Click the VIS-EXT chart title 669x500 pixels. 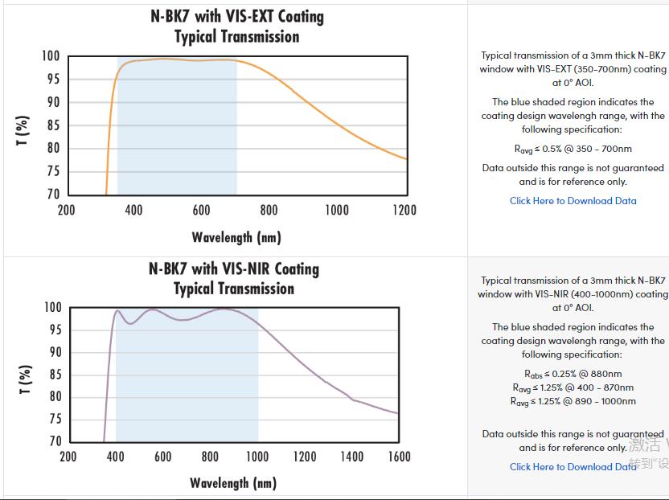pyautogui.click(x=236, y=26)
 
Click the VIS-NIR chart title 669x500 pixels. pyautogui.click(x=234, y=278)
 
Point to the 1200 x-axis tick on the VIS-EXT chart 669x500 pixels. pyautogui.click(x=404, y=211)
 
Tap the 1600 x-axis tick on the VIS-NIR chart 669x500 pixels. pyautogui.click(x=399, y=457)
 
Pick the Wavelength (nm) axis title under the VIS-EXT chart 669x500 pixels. pyautogui.click(x=236, y=237)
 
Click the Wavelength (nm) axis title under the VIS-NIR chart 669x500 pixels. pyautogui.click(x=233, y=483)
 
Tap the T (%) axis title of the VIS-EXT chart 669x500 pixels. pyautogui.click(x=23, y=131)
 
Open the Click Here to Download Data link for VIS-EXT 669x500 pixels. pyautogui.click(x=573, y=201)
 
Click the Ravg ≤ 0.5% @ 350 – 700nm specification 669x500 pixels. pyautogui.click(x=573, y=149)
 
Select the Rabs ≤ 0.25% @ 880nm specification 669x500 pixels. pyautogui.click(x=573, y=374)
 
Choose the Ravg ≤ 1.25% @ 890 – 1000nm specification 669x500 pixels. pyautogui.click(x=573, y=401)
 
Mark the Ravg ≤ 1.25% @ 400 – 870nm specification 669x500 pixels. pyautogui.click(x=573, y=387)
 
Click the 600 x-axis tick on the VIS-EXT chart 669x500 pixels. pyautogui.click(x=201, y=211)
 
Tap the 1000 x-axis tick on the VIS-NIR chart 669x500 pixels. pyautogui.click(x=257, y=457)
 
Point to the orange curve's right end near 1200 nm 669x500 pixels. pyautogui.click(x=404, y=158)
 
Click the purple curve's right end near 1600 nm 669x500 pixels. pyautogui.click(x=397, y=413)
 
